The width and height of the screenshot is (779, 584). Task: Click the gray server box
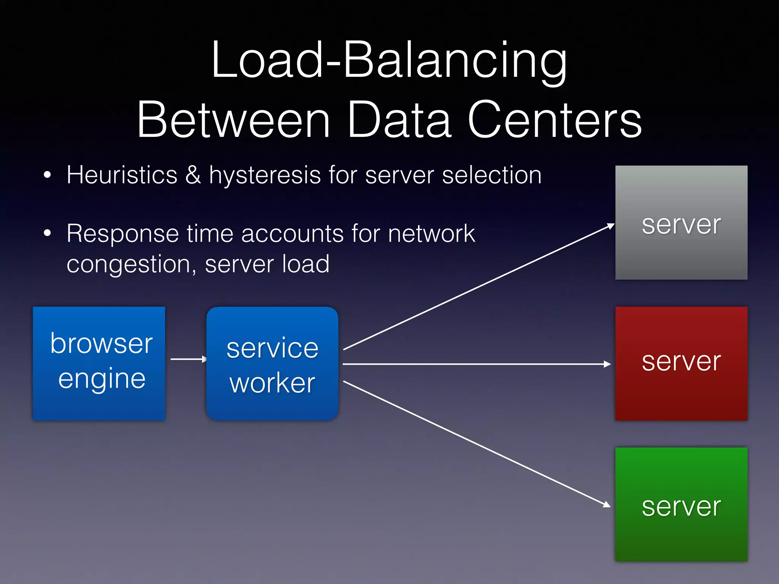(x=681, y=222)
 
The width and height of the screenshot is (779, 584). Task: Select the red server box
(x=681, y=363)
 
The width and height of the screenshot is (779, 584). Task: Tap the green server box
(x=681, y=504)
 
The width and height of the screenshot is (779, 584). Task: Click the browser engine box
(x=99, y=363)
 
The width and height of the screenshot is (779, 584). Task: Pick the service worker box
(x=272, y=363)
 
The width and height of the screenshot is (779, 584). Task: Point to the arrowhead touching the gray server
(x=610, y=226)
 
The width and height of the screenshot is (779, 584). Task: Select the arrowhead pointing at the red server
(x=607, y=364)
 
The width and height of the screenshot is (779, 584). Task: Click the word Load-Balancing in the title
(x=389, y=61)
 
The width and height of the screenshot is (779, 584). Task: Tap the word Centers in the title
(x=555, y=120)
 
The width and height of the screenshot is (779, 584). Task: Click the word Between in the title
(x=233, y=120)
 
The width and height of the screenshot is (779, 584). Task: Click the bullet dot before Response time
(x=47, y=233)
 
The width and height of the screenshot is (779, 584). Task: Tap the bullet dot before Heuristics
(x=47, y=175)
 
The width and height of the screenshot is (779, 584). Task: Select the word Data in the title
(x=399, y=120)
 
